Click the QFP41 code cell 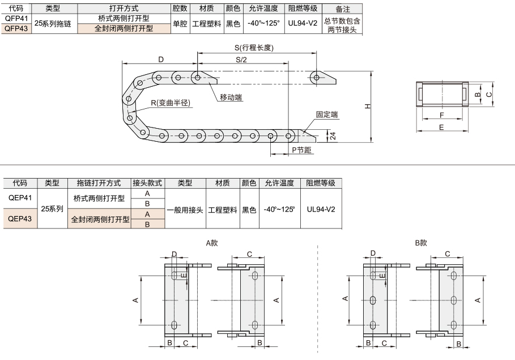click(x=16, y=18)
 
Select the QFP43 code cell click(x=16, y=28)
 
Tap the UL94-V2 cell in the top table click(x=303, y=23)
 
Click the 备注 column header click(x=342, y=9)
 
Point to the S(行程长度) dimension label click(x=254, y=48)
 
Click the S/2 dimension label click(x=241, y=60)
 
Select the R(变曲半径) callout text click(x=171, y=103)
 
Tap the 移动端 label click(x=231, y=98)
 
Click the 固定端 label click(x=327, y=115)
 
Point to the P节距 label click(x=301, y=150)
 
